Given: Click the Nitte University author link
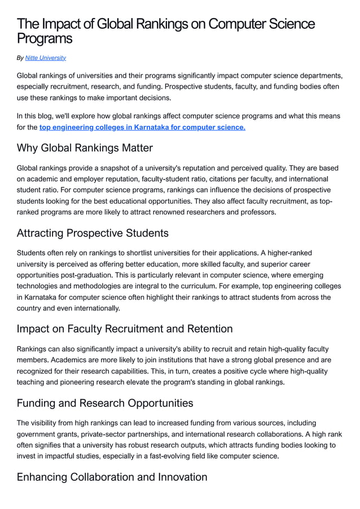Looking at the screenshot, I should coord(46,58).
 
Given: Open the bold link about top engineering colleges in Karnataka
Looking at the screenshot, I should coord(142,128).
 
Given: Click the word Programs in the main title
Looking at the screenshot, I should coord(45,38).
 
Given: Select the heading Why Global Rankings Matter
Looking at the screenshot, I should coord(85,148).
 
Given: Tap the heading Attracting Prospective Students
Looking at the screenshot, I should coord(93,232).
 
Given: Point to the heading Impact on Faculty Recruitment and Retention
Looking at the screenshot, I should coord(124,328).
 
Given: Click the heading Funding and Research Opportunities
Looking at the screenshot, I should coord(105,403).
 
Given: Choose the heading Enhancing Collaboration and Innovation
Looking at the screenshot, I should coord(112,477).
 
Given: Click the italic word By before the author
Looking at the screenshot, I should coord(20,58).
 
